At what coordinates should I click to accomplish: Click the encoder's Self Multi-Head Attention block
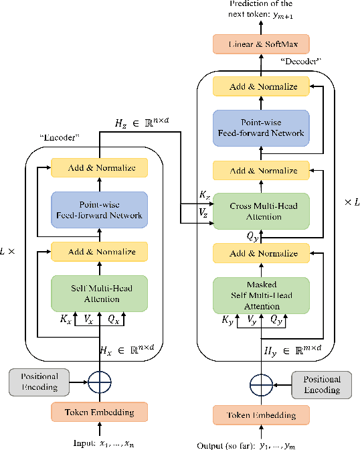(x=100, y=293)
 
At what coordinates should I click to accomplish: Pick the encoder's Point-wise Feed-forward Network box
(x=100, y=210)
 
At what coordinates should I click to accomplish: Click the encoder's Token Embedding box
(x=100, y=412)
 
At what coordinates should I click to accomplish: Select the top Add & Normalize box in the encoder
(x=100, y=167)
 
